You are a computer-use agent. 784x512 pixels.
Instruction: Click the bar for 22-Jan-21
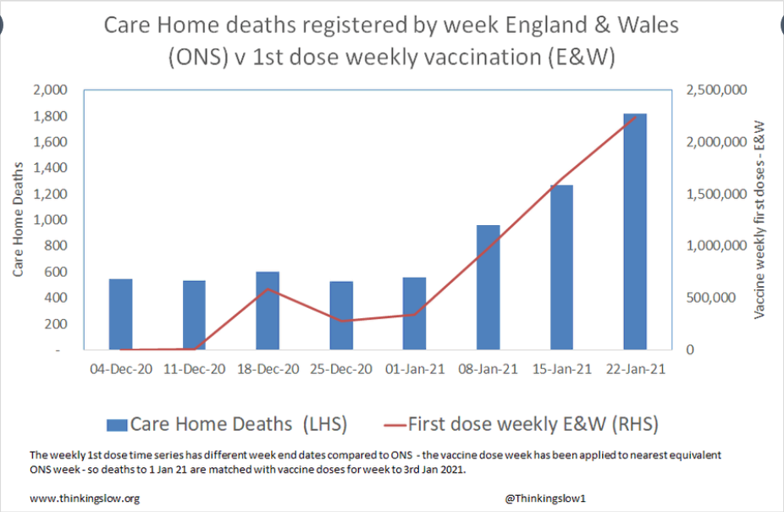(635, 232)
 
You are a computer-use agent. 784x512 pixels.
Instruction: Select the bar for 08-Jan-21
(488, 287)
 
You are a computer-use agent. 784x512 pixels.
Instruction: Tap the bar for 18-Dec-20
(268, 311)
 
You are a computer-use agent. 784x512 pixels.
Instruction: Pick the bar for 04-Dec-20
(120, 314)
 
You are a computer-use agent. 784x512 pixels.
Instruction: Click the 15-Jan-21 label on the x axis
(562, 370)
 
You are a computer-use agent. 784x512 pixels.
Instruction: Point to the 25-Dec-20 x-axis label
(341, 370)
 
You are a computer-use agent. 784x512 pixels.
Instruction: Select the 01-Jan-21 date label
(415, 370)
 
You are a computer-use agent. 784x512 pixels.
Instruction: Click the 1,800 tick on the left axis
(50, 116)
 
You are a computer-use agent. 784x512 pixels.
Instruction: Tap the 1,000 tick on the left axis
(50, 219)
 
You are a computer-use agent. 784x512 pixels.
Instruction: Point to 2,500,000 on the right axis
(716, 90)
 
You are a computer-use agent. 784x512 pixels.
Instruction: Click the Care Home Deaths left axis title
(18, 219)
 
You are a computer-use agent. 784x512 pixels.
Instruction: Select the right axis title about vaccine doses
(759, 219)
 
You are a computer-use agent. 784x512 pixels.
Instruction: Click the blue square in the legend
(117, 425)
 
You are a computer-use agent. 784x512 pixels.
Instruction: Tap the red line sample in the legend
(395, 426)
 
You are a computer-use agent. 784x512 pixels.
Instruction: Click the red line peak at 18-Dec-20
(268, 289)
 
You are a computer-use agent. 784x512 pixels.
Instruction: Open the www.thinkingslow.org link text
(85, 498)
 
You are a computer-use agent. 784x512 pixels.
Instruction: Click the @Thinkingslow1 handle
(545, 498)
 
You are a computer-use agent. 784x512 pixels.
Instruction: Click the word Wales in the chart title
(648, 25)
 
